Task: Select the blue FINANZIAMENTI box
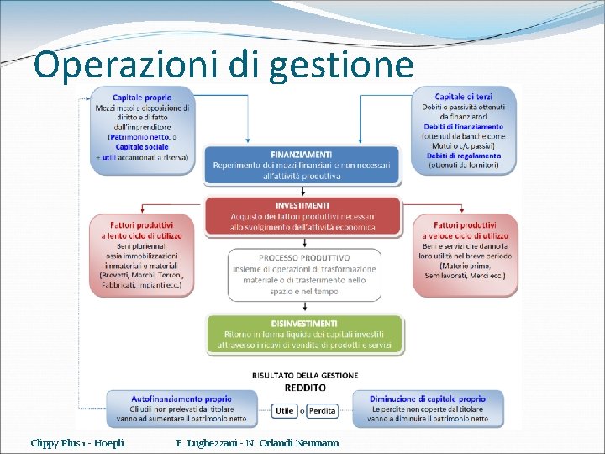point(302,165)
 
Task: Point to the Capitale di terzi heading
point(464,98)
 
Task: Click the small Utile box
point(284,411)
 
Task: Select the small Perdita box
point(322,411)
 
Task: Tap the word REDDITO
point(305,388)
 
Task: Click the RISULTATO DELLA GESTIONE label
point(305,376)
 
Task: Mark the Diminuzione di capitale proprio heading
point(428,399)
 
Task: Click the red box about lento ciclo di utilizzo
point(142,255)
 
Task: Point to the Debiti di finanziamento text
point(464,126)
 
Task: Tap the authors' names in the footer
point(258,442)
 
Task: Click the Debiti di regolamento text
point(465,156)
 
